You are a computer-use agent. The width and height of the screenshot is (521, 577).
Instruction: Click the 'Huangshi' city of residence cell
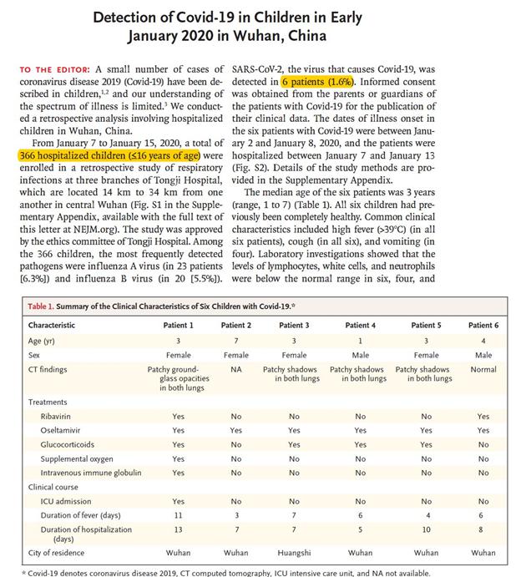(x=293, y=552)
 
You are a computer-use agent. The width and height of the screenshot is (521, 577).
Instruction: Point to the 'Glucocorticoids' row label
(x=69, y=444)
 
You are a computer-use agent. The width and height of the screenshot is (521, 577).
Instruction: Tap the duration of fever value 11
(x=178, y=515)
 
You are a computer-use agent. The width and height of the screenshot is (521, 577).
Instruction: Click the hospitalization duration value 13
(x=178, y=529)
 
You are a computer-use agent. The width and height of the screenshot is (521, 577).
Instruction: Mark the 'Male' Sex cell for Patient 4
(x=361, y=354)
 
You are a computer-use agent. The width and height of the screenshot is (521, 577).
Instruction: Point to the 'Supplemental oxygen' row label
(x=78, y=458)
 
